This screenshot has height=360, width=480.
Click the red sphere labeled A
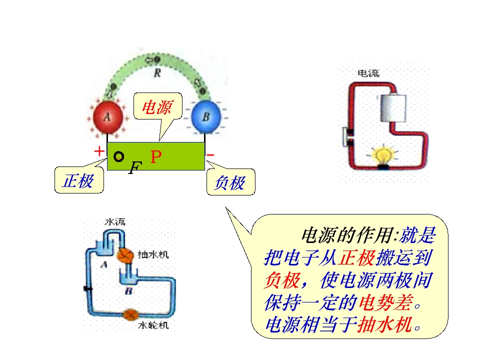click(x=107, y=117)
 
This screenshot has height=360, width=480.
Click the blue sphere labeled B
click(x=205, y=116)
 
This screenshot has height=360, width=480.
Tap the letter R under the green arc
click(x=157, y=73)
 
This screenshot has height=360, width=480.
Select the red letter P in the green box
click(x=156, y=156)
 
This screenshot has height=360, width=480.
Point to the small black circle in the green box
click(x=119, y=156)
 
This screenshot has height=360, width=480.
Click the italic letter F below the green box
click(x=135, y=168)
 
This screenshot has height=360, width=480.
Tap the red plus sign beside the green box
click(x=99, y=151)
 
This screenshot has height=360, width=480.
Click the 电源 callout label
click(x=158, y=107)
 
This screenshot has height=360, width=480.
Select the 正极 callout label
click(x=78, y=180)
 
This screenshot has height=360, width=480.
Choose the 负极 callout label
click(x=230, y=182)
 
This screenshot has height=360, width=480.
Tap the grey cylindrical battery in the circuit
click(x=393, y=108)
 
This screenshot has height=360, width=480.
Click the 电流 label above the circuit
click(x=368, y=73)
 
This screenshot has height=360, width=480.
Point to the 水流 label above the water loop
click(x=115, y=221)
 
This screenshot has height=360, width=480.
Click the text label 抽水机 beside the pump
click(x=153, y=254)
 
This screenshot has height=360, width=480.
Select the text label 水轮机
click(x=153, y=325)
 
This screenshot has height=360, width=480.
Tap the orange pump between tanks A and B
click(x=125, y=255)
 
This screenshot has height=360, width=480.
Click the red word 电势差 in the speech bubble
click(x=386, y=302)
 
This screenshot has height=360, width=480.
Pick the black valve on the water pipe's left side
click(x=88, y=288)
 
